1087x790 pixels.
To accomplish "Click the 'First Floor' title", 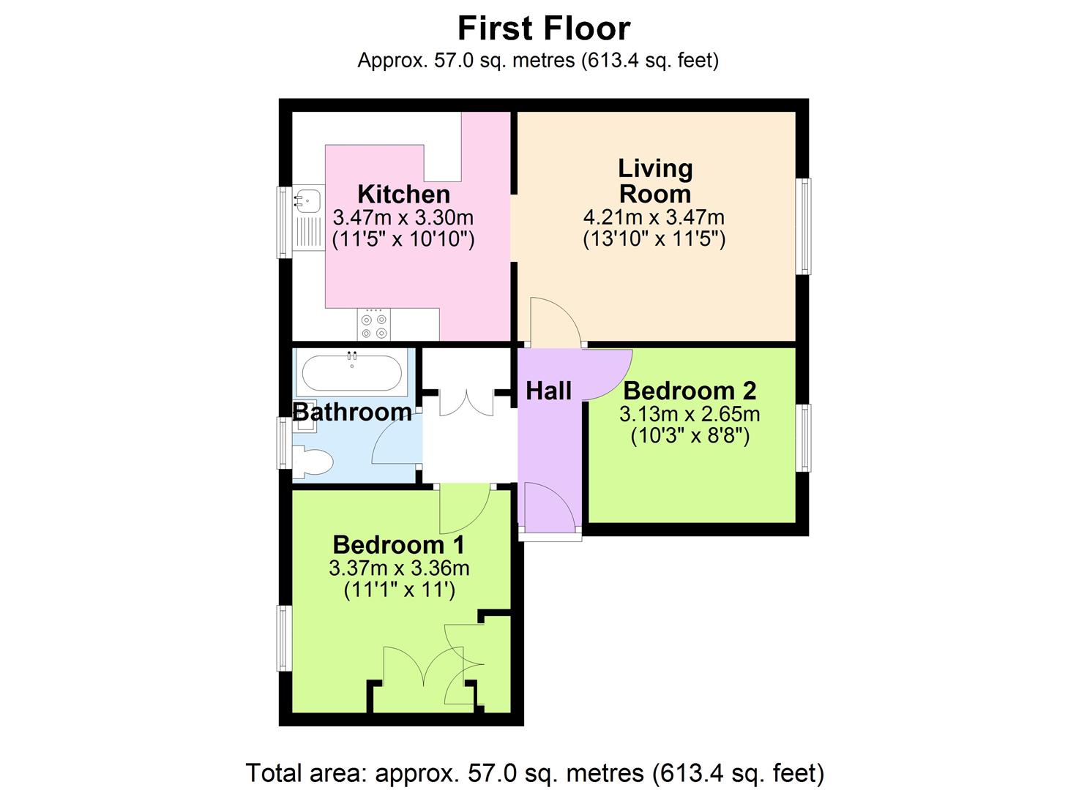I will (543, 29).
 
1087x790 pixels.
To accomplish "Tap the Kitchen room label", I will (403, 195).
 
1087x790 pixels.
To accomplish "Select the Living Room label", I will (654, 181).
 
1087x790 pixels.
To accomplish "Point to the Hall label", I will (548, 391).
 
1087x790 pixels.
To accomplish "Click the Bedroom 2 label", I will (690, 391).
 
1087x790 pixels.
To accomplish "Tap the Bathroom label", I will (352, 412).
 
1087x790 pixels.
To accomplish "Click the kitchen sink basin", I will (307, 198).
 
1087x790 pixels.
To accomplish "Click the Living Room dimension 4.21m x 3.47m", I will (654, 217).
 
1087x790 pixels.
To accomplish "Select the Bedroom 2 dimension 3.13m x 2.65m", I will (690, 415).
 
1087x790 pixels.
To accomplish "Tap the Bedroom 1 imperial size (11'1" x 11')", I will (400, 590).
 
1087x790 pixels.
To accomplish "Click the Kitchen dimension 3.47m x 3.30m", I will (403, 217).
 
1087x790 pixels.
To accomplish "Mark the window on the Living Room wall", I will (804, 226).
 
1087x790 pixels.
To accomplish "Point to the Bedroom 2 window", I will (804, 437).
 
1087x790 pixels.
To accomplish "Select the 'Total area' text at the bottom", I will (535, 772).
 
